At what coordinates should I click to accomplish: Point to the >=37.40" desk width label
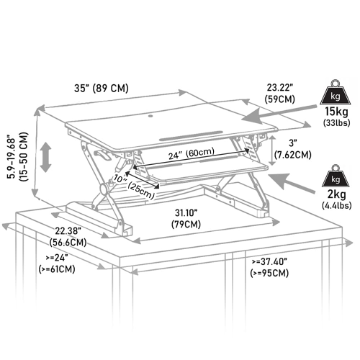tap(271, 268)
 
